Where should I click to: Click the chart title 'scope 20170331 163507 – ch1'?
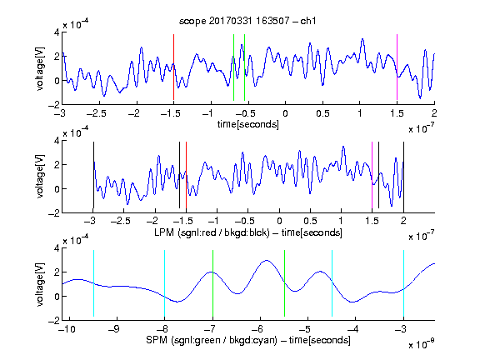coord(247,21)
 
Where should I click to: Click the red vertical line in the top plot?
coord(173,67)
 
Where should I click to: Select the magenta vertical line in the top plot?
coord(397,67)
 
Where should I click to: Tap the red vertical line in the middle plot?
coord(186,175)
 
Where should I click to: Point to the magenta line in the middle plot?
coord(372,175)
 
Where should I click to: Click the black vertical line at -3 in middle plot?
coord(93,175)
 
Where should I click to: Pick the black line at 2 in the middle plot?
coord(403,175)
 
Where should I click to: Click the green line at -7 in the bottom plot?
coord(212,283)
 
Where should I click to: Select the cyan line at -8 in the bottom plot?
coord(165,283)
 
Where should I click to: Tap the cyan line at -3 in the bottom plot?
coord(403,283)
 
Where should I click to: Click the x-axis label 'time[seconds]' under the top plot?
coord(248,124)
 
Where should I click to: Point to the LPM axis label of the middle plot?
coord(248,232)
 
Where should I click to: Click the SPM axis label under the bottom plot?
coord(248,340)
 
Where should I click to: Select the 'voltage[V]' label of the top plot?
coord(40,68)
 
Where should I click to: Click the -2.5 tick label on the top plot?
coord(96,113)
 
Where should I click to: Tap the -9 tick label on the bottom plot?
coord(114,329)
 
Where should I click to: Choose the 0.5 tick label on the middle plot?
coord(310,221)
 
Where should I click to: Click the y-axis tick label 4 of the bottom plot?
coord(57,248)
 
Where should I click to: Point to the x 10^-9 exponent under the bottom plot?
coord(422,344)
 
